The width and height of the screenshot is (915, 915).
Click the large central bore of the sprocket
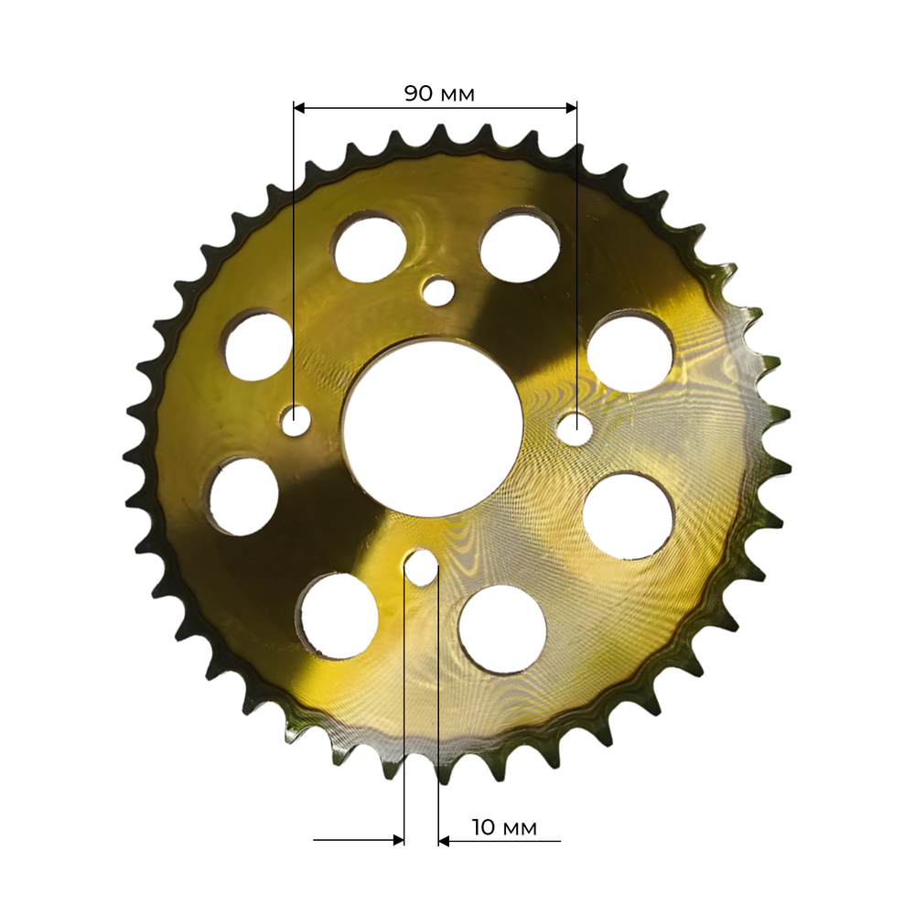point(433,429)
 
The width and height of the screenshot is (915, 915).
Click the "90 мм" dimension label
point(439,93)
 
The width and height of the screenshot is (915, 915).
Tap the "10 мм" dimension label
point(504,827)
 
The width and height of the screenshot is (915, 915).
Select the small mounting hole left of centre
point(296,420)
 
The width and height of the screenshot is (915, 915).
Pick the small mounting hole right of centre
point(575,429)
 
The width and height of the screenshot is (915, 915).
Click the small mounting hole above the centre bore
point(439,291)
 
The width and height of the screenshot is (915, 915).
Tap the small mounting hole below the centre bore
point(421,566)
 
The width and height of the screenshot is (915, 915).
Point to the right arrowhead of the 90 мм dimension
point(571,107)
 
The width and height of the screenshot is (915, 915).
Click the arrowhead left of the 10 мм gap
point(398,840)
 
